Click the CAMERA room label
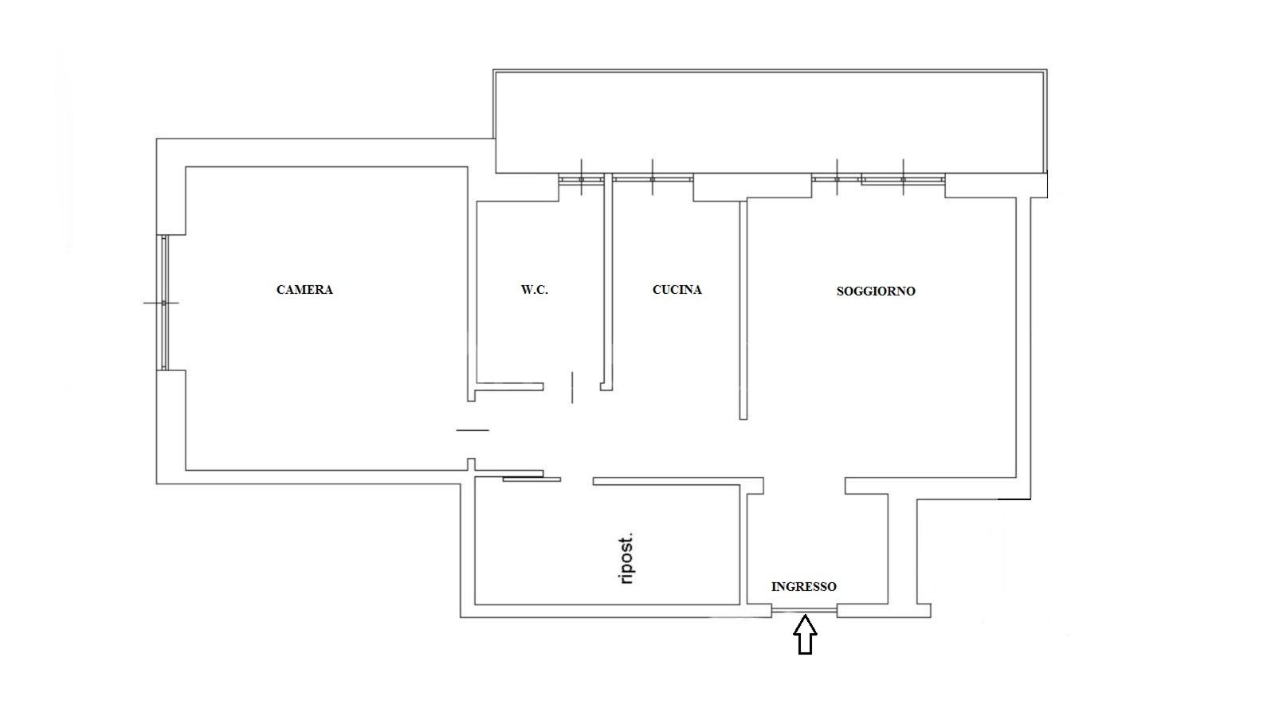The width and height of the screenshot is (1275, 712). pos(304,289)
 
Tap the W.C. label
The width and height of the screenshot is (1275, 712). pos(535,289)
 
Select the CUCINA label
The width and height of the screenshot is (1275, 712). pos(677,289)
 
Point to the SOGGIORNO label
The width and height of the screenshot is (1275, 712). pos(876,291)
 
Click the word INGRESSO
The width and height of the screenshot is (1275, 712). pos(804,586)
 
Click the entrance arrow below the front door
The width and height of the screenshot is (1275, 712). pos(806,634)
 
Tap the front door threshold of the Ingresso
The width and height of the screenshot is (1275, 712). pos(804,611)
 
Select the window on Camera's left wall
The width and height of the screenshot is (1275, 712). pos(164,303)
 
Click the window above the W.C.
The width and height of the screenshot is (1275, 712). pos(581,179)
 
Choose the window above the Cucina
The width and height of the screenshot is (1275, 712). pos(653,178)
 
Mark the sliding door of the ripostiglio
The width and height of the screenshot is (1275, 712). pos(532,479)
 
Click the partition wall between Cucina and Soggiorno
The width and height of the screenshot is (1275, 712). pos(743,310)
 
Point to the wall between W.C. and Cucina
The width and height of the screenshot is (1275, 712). pos(608,282)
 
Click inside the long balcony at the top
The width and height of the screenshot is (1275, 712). pos(770,122)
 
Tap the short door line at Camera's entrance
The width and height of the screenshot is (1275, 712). pos(473,430)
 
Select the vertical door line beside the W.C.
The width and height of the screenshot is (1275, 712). pos(572,387)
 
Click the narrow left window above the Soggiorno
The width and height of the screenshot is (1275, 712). pos(836,178)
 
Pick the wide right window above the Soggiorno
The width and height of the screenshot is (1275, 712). pos(904,179)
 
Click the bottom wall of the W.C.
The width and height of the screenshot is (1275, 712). pos(509,387)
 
